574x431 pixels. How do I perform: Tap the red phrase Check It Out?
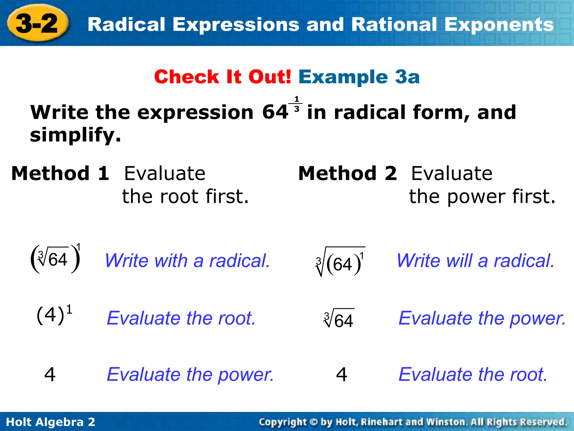click(223, 77)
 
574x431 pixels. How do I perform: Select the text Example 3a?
click(359, 77)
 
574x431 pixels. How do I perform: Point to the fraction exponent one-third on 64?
click(297, 104)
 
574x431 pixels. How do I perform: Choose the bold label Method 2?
click(348, 173)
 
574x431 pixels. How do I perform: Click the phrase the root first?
click(185, 196)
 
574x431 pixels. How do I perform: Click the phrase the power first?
click(482, 196)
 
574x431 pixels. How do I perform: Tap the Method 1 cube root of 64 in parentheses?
click(55, 259)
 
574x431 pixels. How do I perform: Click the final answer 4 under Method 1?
click(50, 374)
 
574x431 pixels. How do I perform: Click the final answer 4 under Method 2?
click(342, 374)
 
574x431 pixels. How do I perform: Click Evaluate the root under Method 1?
click(181, 318)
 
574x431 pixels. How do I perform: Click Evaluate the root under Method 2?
click(473, 374)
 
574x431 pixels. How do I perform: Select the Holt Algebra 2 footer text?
click(50, 422)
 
